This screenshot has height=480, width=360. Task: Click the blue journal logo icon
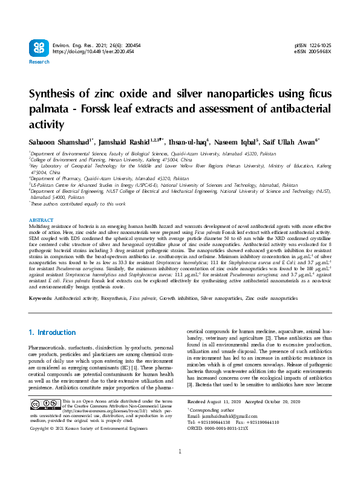(x=39, y=48)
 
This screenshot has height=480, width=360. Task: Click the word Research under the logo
(x=39, y=62)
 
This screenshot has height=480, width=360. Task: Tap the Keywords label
(x=40, y=299)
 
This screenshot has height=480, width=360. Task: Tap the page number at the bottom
(x=180, y=469)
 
